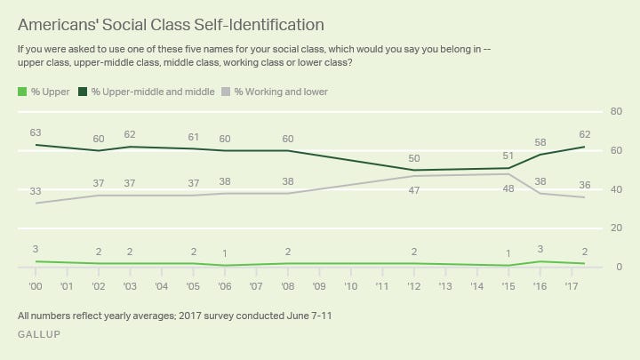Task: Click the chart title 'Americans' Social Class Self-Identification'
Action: [x=170, y=24]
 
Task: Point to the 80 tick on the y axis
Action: [x=614, y=111]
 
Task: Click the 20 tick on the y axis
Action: [x=614, y=228]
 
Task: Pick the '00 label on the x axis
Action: [x=36, y=286]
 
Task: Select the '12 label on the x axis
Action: [x=413, y=286]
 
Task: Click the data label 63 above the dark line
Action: [x=36, y=132]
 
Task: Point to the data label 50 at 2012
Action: [x=413, y=158]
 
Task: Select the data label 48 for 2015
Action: [x=508, y=188]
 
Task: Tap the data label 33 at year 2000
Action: [x=36, y=191]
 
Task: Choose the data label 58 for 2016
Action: [x=540, y=142]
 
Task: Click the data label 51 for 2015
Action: [x=508, y=156]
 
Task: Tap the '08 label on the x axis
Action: [x=287, y=286]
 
